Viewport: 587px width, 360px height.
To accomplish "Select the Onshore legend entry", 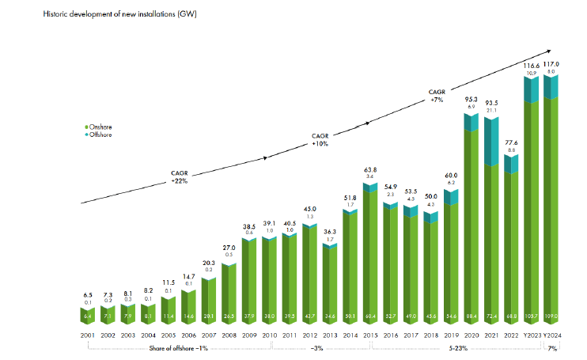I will coord(100,127).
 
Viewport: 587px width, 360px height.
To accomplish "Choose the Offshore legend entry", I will coord(100,135).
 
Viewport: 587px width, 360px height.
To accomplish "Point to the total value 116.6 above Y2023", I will coord(532,66).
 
